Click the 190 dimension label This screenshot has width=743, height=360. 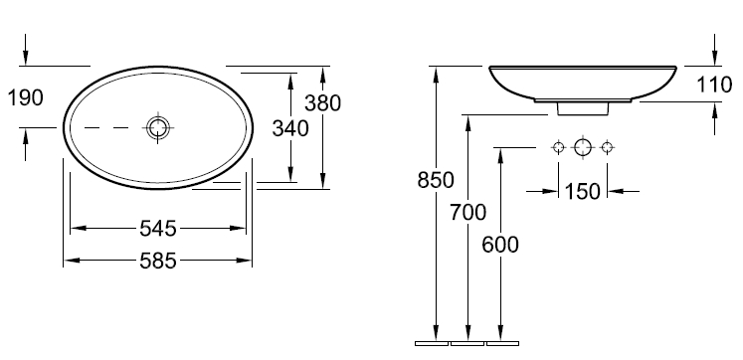(26, 97)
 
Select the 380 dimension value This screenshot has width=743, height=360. (322, 103)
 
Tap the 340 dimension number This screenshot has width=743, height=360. (290, 128)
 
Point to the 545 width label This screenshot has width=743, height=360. (158, 229)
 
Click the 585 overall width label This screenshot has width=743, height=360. (158, 261)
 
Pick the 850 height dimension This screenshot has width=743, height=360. (436, 180)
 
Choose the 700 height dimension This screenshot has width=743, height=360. (468, 213)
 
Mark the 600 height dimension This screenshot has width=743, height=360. (500, 245)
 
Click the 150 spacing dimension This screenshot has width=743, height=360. (583, 191)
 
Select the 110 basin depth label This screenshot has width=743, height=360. (714, 86)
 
